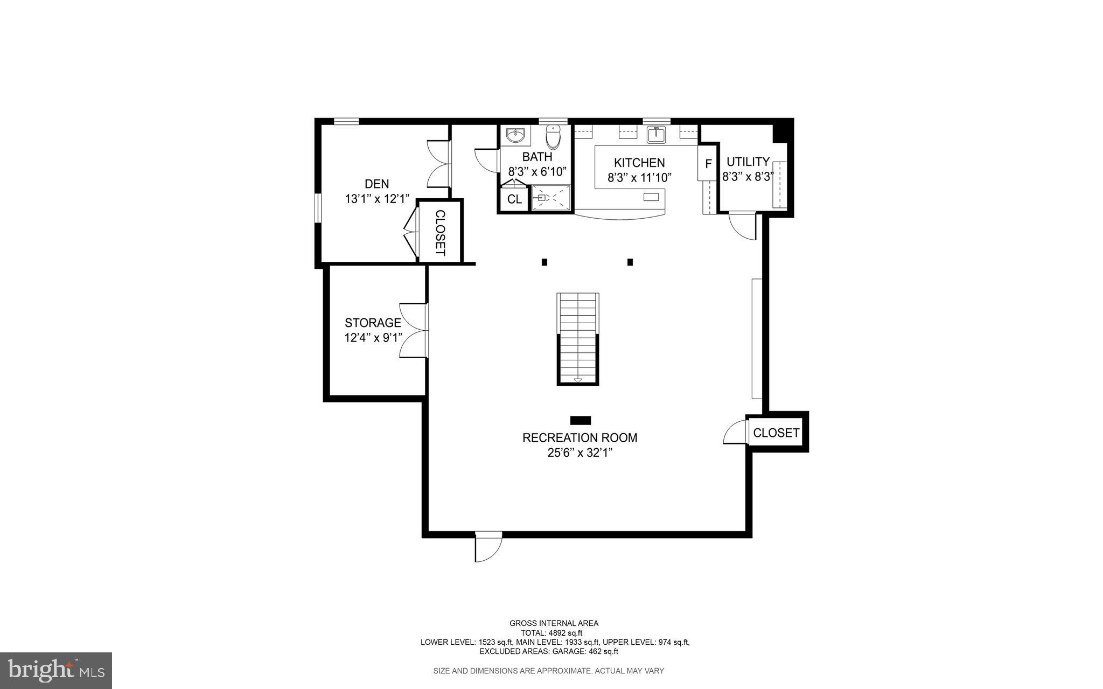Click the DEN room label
point(376,184)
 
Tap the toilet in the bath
point(553,137)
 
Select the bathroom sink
point(516,135)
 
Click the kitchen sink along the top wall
point(656,135)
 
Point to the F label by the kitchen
point(708,164)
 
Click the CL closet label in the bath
point(514,199)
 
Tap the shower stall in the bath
point(551,198)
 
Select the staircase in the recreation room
point(578,338)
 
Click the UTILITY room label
point(748,162)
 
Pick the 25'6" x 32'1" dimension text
point(580,453)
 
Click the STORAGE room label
point(373,323)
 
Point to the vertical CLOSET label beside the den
point(440,233)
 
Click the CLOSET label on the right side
point(776,433)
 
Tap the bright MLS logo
point(55,670)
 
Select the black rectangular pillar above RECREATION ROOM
point(581,420)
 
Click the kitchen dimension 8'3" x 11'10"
point(639,177)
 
